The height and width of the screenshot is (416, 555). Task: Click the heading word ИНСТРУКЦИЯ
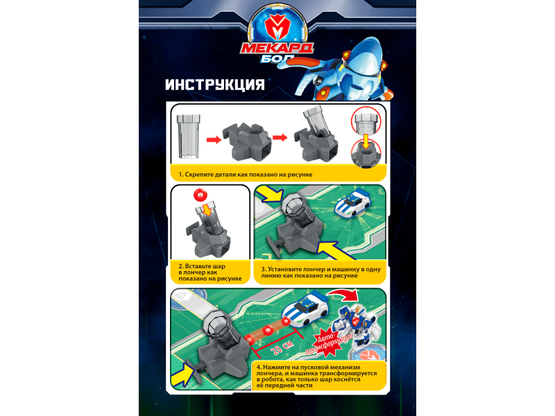point(215,85)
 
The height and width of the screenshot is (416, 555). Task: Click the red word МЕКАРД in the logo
point(277,48)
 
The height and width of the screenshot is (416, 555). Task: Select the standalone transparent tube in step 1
point(189,136)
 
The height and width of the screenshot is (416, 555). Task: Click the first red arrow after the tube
point(214,140)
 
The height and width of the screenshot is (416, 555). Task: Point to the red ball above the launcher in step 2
point(200,195)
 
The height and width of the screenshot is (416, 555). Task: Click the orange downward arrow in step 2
point(206,210)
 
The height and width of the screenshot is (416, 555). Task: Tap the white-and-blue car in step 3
point(352,204)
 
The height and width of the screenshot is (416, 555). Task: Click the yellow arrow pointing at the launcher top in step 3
point(269,194)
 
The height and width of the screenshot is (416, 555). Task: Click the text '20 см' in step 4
point(282,347)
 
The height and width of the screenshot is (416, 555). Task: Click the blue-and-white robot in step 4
point(356,324)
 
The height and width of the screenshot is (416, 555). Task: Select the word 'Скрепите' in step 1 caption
point(199,175)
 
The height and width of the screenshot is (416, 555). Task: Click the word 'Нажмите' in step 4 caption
point(275,367)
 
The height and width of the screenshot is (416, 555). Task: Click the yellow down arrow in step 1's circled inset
point(366,141)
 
